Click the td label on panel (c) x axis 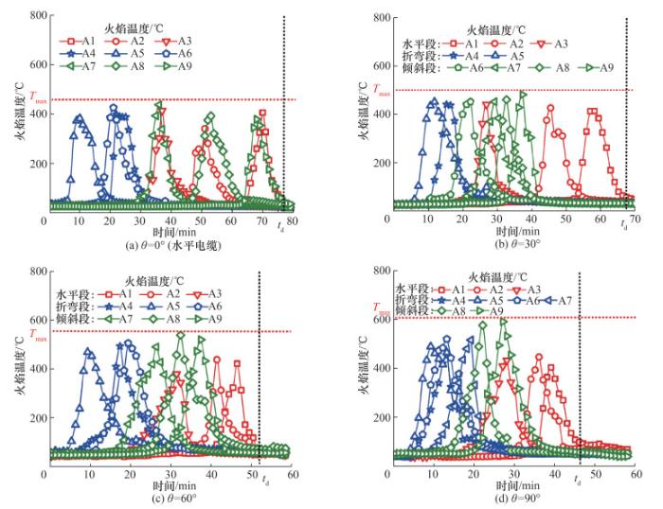pyautogui.click(x=264, y=482)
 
